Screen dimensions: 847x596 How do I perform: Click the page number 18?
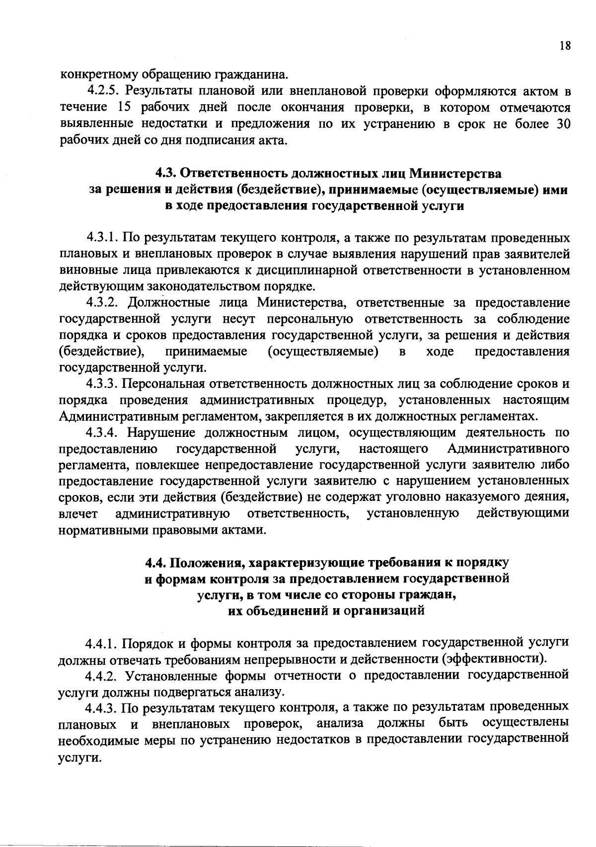click(x=565, y=46)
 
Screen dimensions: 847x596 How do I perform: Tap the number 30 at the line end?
click(x=561, y=125)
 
